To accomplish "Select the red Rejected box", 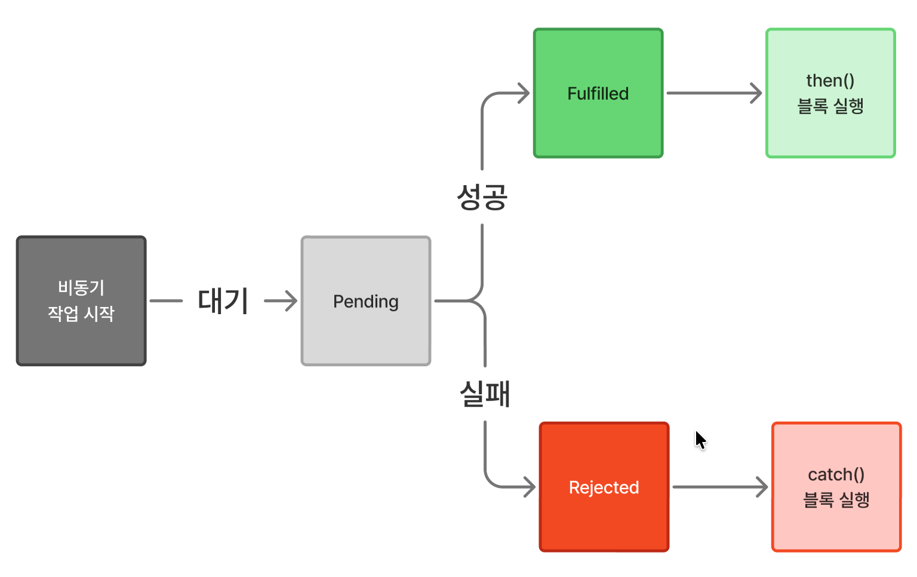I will (604, 520).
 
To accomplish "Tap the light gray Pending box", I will (366, 334).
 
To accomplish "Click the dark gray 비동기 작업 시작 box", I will (81, 340).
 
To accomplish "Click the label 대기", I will (223, 301).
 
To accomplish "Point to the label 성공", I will (482, 197).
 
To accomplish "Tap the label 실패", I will (485, 394).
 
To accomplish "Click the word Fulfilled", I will (598, 94).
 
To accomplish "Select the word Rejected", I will (604, 487).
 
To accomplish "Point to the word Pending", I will (366, 302).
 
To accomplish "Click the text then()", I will (830, 81).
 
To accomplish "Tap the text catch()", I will (836, 475).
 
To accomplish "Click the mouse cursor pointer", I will (700, 440).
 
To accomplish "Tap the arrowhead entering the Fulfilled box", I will (524, 93).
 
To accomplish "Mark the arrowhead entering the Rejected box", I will (530, 487).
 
